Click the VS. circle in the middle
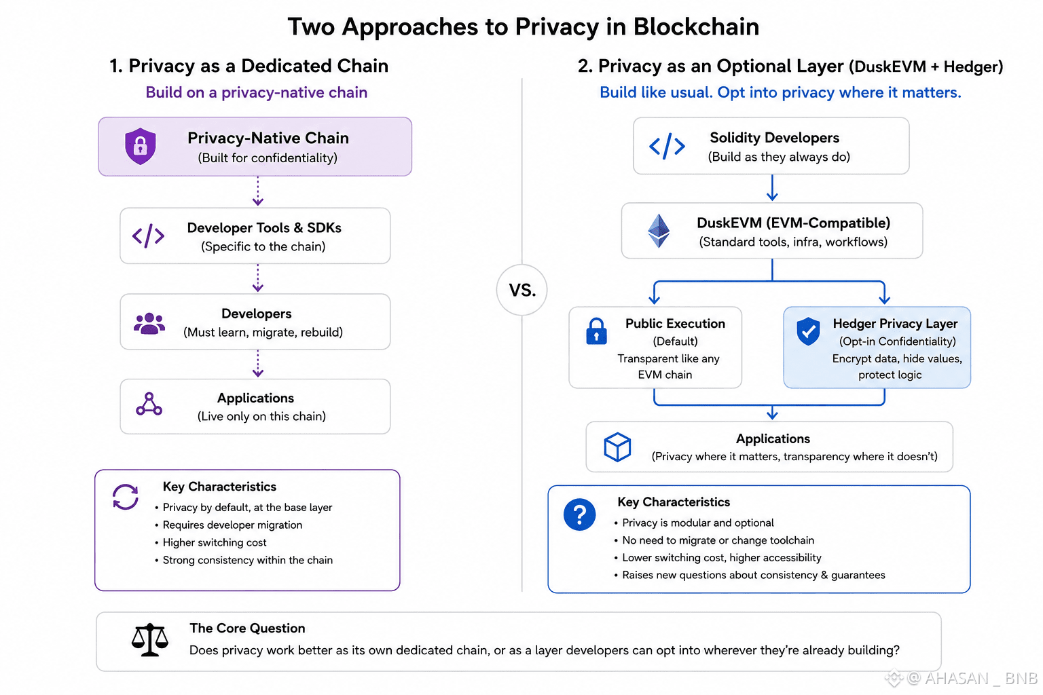tap(522, 290)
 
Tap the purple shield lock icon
tap(140, 146)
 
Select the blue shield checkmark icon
tap(808, 331)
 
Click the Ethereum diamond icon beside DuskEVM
tap(659, 231)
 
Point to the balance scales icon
tap(149, 640)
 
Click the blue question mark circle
tap(579, 514)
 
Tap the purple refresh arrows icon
tap(125, 497)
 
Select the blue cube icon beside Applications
tap(617, 447)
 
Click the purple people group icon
tap(149, 323)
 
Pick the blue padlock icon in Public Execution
tap(596, 331)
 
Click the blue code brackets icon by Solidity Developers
tap(667, 146)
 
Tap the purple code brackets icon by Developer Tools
tap(149, 236)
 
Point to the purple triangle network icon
tap(149, 404)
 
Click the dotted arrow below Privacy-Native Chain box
tap(258, 191)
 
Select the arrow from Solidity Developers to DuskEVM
tap(772, 187)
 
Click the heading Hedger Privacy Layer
tap(895, 323)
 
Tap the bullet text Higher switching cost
tap(215, 542)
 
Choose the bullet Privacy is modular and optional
tap(698, 523)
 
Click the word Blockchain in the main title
tap(696, 26)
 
